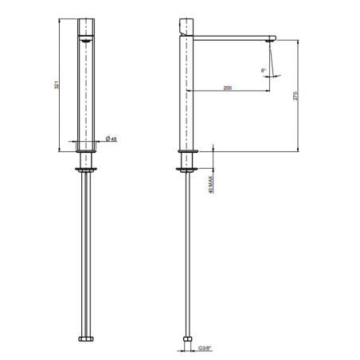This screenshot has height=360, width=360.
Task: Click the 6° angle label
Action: (264, 71)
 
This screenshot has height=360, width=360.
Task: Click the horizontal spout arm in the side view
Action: (235, 37)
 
